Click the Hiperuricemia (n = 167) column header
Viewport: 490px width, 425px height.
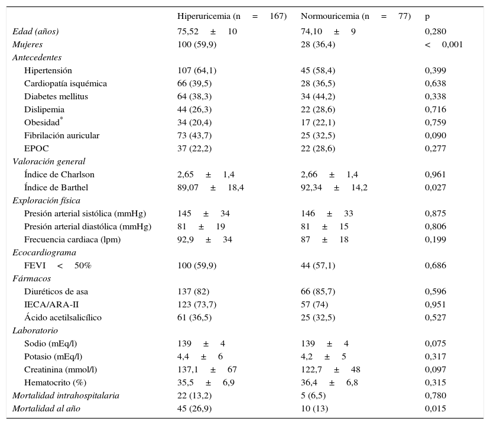(232, 17)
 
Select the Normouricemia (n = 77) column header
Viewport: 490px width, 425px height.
(355, 17)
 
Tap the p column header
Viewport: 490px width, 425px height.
(427, 17)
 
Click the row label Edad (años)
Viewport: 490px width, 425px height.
(35, 31)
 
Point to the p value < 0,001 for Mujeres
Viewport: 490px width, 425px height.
(443, 44)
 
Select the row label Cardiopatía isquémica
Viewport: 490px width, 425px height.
(66, 83)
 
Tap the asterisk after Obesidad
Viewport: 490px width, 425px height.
(61, 119)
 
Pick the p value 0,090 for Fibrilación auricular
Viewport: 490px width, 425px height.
(435, 135)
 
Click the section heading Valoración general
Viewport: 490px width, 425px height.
(48, 161)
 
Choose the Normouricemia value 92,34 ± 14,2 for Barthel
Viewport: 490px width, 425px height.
(334, 187)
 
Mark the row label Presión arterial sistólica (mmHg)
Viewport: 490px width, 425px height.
(85, 213)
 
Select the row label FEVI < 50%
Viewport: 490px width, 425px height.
(57, 265)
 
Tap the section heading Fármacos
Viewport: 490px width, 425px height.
(31, 278)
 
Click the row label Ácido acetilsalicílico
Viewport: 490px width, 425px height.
(63, 317)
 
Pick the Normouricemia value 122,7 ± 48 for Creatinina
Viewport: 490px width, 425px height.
(330, 369)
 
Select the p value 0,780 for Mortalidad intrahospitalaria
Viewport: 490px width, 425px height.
(435, 395)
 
